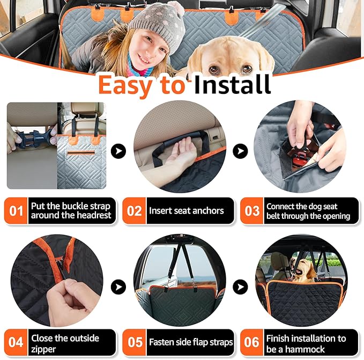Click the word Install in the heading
(x=232, y=84)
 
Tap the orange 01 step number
(x=17, y=210)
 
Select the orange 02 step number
(x=134, y=210)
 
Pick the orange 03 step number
(x=251, y=210)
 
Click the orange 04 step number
(x=17, y=342)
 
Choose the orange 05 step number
(x=134, y=342)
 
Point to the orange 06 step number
(x=251, y=342)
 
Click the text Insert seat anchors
(x=186, y=211)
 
